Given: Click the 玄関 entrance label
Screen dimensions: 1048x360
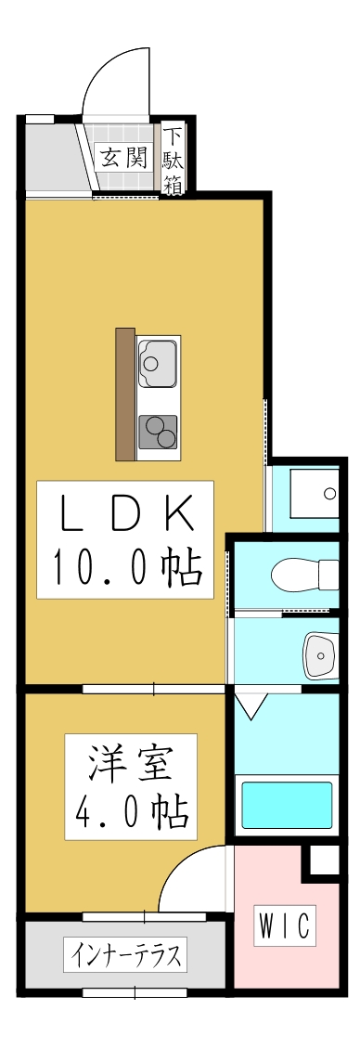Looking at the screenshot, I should (124, 157).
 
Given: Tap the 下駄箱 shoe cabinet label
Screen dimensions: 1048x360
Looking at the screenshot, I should (173, 159).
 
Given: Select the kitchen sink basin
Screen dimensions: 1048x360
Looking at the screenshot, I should (158, 363).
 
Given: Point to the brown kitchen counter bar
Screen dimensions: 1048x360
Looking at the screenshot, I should (125, 394).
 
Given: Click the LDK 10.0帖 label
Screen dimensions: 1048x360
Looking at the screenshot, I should (125, 538).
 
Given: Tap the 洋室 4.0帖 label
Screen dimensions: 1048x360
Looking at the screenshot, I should (130, 783).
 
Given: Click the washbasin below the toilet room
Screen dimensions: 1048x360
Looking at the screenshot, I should (321, 654).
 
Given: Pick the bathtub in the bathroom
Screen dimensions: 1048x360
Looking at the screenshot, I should (287, 806).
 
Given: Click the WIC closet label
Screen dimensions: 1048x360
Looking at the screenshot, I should (285, 925).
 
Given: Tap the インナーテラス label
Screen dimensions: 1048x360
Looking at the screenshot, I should (125, 954).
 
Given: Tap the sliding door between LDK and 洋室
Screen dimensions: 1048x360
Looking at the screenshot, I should (153, 689).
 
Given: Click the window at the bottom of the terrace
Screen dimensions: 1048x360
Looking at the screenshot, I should (135, 993).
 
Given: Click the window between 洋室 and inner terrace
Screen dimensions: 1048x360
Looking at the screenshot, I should (144, 917).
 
